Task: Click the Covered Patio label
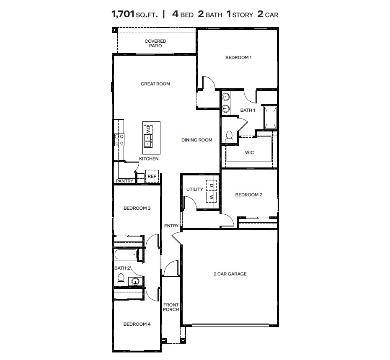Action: pos(155,44)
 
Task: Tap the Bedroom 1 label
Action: pos(238,58)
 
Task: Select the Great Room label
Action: pos(155,84)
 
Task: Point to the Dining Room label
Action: pos(197,140)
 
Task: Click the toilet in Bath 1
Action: pos(229,136)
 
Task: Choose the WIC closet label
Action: pos(249,153)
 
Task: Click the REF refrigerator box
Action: pos(152,177)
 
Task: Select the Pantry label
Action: pos(124,181)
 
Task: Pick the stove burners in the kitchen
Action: pos(119,139)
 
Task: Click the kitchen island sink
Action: pos(148,140)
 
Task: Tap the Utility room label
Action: pos(195,190)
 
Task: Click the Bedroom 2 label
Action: pos(249,195)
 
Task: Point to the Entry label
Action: pos(171,226)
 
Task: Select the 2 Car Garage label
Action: pos(230,274)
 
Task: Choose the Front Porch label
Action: pos(171,307)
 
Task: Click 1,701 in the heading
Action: pos(122,14)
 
